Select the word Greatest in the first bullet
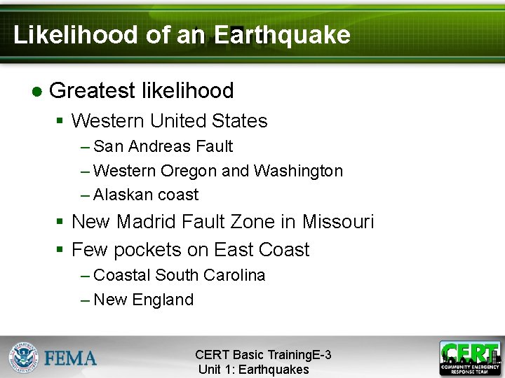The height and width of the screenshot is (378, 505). click(x=93, y=91)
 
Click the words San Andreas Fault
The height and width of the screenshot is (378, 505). click(x=163, y=146)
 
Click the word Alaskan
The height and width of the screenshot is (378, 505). click(x=123, y=195)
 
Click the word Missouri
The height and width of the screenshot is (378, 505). click(x=338, y=222)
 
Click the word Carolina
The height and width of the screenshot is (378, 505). click(x=235, y=275)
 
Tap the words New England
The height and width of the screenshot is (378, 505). click(x=143, y=300)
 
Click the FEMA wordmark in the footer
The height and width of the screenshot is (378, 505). click(x=71, y=358)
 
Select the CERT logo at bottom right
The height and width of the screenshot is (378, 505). click(x=470, y=358)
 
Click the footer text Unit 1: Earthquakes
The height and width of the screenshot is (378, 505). click(x=253, y=370)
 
